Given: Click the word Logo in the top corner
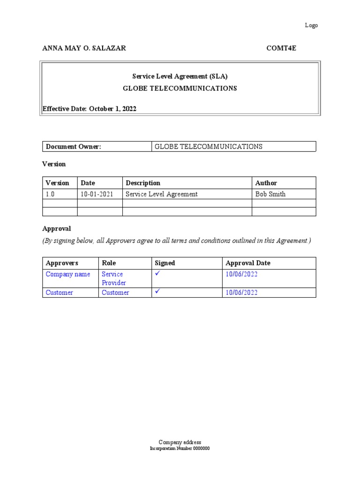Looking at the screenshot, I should point(311,25).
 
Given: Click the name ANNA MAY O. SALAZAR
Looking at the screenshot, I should point(84,48).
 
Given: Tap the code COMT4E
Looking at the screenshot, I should point(281,48).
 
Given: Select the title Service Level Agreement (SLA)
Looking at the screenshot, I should point(180,76).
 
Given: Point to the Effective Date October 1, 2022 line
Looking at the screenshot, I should point(90,109).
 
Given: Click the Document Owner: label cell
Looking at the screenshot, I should point(74,147).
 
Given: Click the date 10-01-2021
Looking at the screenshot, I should point(97,194).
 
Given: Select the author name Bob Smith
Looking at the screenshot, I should point(270,194).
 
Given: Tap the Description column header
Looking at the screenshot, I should point(143,183).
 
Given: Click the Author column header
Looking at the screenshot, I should point(266,183).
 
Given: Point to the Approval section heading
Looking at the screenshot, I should point(57,229).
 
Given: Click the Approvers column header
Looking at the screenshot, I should point(62,263).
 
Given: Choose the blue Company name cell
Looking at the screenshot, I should point(68,274).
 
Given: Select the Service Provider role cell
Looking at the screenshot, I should point(114,278).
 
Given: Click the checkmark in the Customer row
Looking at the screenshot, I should point(158,292).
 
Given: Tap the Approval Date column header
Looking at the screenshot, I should point(248,263).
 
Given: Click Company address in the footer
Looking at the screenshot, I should point(180,442).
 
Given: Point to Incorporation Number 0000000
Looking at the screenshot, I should point(180,449).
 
